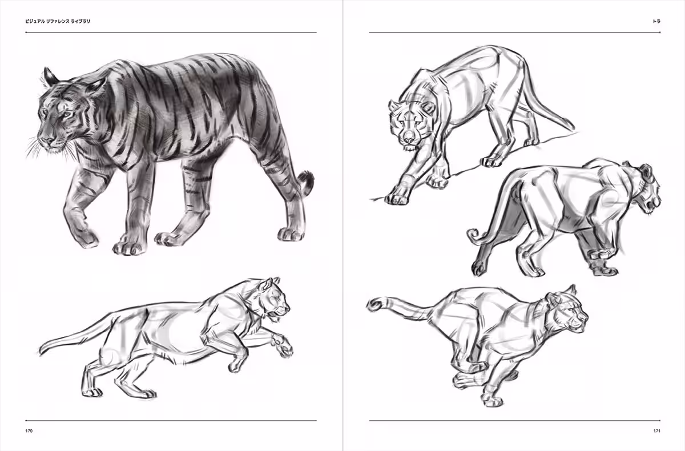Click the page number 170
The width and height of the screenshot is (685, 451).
(29, 431)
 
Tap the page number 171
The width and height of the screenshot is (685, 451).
(657, 431)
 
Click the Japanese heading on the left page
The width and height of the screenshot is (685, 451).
(58, 21)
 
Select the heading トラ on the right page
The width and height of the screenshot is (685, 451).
(656, 21)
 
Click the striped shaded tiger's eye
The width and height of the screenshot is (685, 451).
(67, 114)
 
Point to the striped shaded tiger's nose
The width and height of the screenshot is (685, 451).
(46, 140)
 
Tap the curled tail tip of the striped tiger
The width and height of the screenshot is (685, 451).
(307, 182)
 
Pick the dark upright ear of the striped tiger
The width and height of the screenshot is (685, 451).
(49, 76)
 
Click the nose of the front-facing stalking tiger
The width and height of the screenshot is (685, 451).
(408, 140)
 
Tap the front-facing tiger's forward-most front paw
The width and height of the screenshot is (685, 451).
(397, 199)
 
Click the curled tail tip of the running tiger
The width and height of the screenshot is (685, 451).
(374, 305)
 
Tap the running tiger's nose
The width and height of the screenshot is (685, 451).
(584, 318)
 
